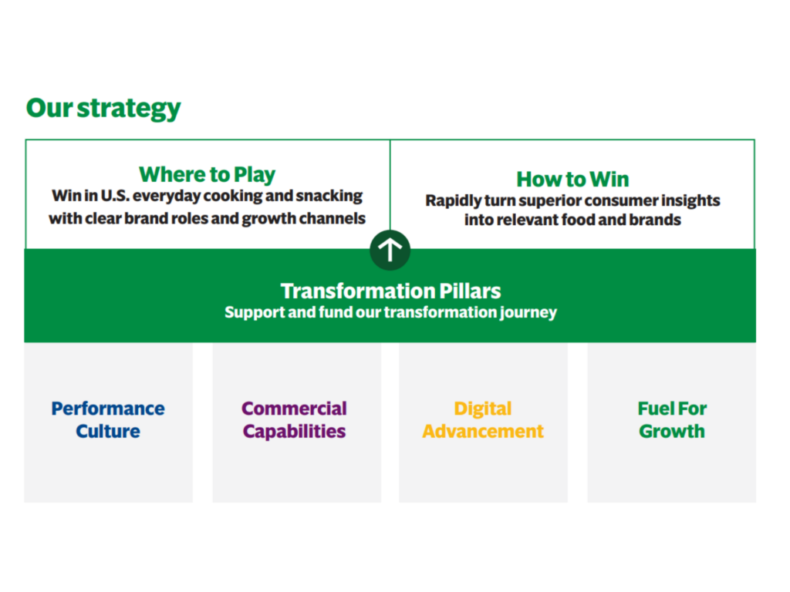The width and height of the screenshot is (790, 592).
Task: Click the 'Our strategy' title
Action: pyautogui.click(x=103, y=109)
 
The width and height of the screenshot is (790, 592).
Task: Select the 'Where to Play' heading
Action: pyautogui.click(x=207, y=175)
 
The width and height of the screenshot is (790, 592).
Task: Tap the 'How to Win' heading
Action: pyautogui.click(x=573, y=179)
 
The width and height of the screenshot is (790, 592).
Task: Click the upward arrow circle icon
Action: pyautogui.click(x=390, y=250)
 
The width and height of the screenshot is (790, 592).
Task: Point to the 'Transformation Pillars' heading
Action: pyautogui.click(x=390, y=291)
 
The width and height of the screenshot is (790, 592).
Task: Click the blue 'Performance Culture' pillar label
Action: pyautogui.click(x=108, y=420)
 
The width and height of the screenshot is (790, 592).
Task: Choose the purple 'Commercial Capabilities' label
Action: pyautogui.click(x=294, y=420)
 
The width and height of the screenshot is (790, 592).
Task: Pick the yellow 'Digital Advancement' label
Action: pyautogui.click(x=483, y=420)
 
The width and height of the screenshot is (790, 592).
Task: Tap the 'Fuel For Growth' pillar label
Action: pyautogui.click(x=672, y=420)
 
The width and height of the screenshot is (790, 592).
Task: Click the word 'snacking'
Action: pyautogui.click(x=329, y=196)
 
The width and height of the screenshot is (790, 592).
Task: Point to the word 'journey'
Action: pyautogui.click(x=528, y=313)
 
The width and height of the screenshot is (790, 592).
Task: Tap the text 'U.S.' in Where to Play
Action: pyautogui.click(x=115, y=196)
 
